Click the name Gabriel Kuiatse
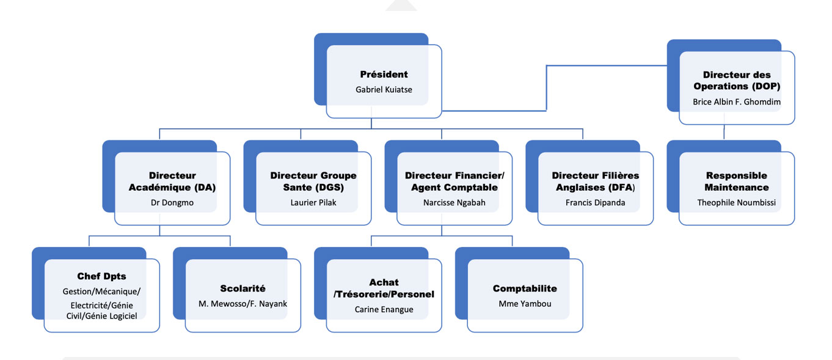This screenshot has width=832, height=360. [x=384, y=89]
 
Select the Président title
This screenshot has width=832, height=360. [x=384, y=75]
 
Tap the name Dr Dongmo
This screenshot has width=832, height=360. [x=172, y=202]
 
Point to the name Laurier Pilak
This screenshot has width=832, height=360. [x=313, y=202]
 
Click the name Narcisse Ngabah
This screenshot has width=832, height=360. [x=454, y=202]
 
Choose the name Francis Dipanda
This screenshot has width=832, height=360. [x=596, y=202]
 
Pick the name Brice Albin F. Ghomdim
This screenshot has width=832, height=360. [x=737, y=101]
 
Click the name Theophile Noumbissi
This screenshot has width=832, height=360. [x=737, y=202]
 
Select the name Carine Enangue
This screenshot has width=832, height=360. [x=384, y=309]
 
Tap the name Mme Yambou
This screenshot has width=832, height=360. [x=525, y=303]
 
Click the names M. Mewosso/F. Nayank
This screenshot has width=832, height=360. [x=243, y=303]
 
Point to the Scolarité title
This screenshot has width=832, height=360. [x=243, y=288]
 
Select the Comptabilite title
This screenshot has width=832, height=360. [x=525, y=288]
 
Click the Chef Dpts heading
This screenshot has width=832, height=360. [x=101, y=276]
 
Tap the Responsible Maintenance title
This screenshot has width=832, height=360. [x=737, y=182]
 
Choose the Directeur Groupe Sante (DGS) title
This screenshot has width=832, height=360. [x=313, y=182]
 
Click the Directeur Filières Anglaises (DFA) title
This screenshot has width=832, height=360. [x=596, y=182]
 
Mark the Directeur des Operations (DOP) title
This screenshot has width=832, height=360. [x=737, y=81]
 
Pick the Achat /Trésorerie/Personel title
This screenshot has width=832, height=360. [x=384, y=288]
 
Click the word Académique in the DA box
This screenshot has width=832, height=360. [x=157, y=188]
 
